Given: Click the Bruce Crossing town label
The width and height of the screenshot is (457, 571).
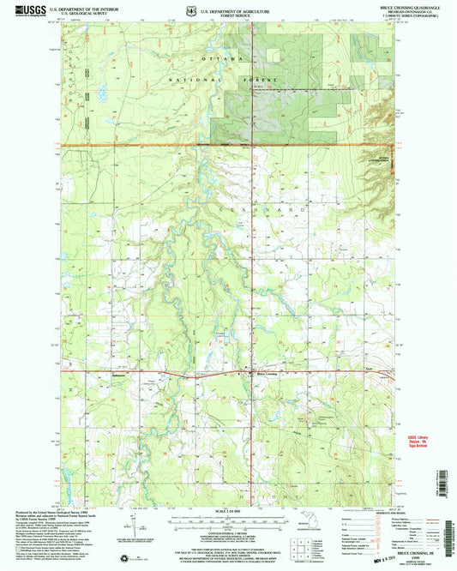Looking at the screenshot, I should coord(268,374).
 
